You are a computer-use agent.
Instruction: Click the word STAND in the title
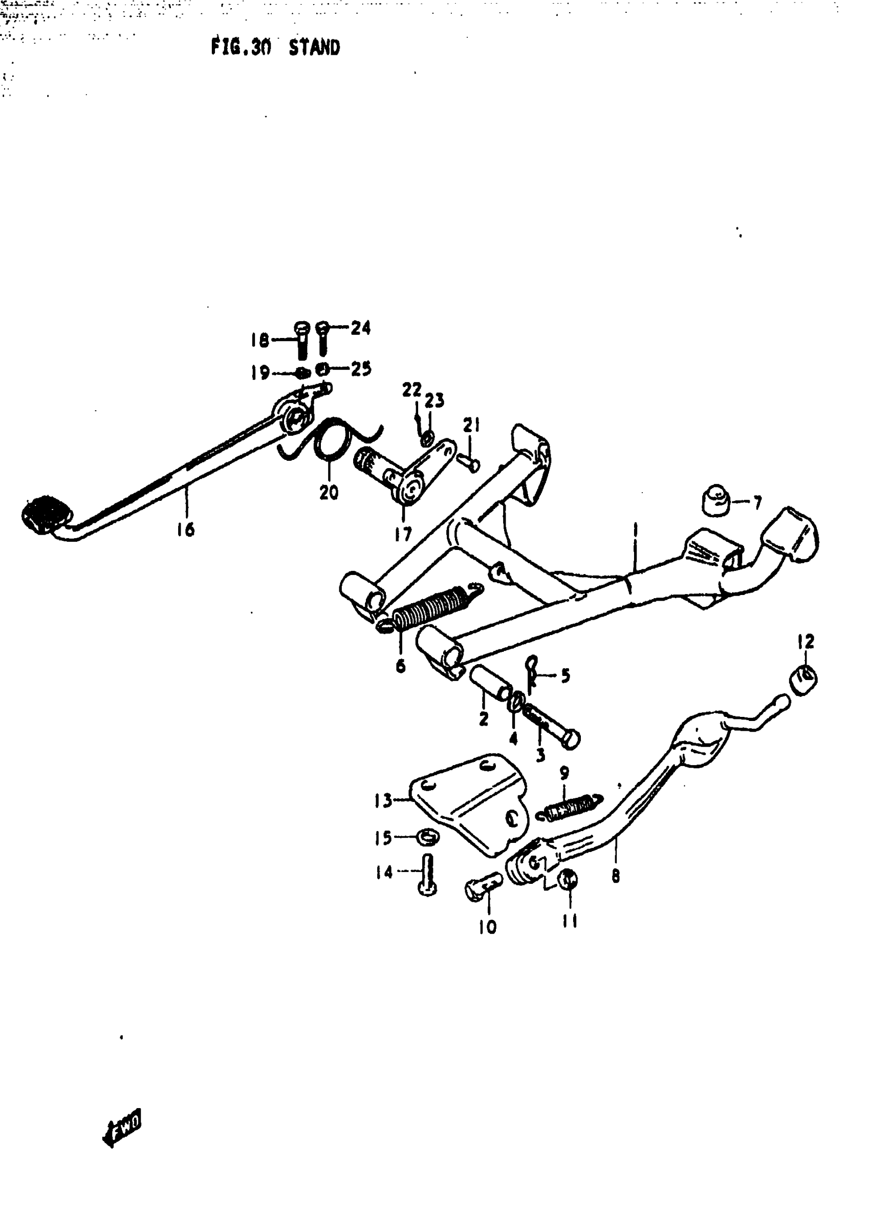[x=314, y=48]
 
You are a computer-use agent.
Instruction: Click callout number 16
[x=185, y=530]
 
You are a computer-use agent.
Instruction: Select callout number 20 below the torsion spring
[x=329, y=492]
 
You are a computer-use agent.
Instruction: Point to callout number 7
[x=757, y=503]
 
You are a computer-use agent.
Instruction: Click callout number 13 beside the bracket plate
[x=383, y=801]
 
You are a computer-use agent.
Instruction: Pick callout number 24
[x=360, y=327]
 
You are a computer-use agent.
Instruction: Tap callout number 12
[x=806, y=642]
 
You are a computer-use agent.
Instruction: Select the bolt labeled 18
[x=301, y=340]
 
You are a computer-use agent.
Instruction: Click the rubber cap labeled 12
[x=803, y=679]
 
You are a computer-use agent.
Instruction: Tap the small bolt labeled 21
[x=468, y=462]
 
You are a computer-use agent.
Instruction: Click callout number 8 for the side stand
[x=616, y=876]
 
